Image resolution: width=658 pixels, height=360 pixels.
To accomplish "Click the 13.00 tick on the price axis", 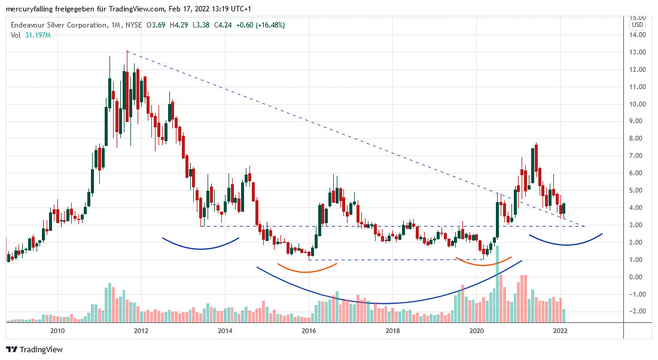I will (x=638, y=52).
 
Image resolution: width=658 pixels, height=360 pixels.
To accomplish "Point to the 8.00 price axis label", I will (x=638, y=139).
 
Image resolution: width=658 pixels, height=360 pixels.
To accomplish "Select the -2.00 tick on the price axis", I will (x=638, y=312).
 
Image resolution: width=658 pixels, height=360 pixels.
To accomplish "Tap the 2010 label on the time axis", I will (x=57, y=330).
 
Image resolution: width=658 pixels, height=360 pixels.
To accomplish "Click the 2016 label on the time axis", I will (x=309, y=330).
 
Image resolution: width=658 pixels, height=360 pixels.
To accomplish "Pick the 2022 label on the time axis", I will (x=560, y=330).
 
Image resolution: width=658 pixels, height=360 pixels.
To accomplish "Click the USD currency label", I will (x=638, y=25).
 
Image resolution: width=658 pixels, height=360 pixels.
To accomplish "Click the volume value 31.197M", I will (x=38, y=35).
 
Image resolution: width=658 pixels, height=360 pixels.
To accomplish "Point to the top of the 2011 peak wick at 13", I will (x=127, y=51).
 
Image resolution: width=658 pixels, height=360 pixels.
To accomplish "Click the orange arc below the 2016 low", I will (x=306, y=271).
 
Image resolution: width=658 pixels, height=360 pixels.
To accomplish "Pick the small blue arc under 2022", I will (x=565, y=244).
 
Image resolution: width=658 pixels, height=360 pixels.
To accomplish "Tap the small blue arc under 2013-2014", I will (x=200, y=248).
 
